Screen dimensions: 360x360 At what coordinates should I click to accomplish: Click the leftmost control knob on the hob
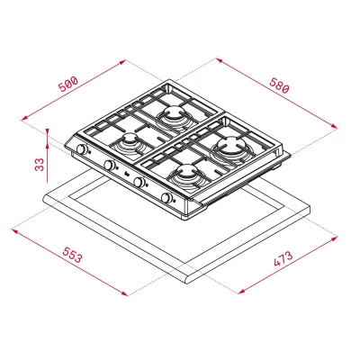click(x=81, y=149)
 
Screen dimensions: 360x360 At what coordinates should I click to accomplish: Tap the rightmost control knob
click(x=166, y=198)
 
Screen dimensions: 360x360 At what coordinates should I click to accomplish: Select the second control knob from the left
click(x=109, y=166)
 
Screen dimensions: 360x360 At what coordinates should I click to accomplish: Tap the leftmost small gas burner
click(x=129, y=140)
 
